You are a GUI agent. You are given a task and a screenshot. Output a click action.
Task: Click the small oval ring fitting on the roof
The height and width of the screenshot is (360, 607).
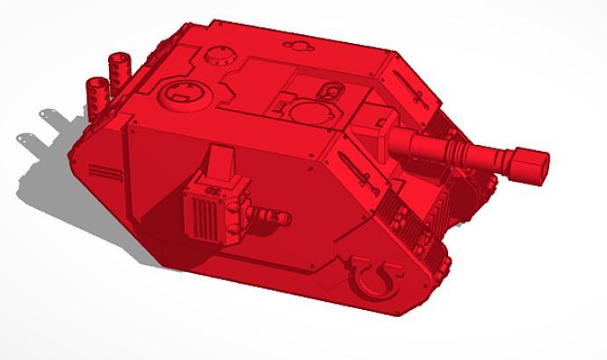[x=334, y=90]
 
